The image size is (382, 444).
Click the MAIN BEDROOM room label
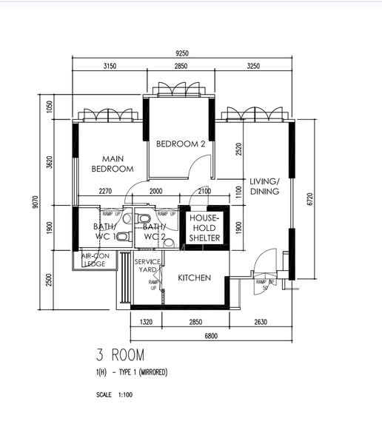pos(113,164)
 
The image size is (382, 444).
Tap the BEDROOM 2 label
pos(180,144)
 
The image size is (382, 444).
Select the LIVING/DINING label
pos(264,186)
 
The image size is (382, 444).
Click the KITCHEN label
pos(195,278)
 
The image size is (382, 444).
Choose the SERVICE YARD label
pos(147,266)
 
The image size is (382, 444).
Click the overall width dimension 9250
pos(183,53)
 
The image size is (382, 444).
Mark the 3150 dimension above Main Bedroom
pos(110,67)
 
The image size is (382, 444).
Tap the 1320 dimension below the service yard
pos(146,322)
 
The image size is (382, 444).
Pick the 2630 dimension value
pos(261,322)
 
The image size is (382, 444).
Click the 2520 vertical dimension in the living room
pos(238,150)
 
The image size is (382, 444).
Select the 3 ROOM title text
pos(120,354)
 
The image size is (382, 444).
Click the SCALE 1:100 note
pos(114,395)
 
